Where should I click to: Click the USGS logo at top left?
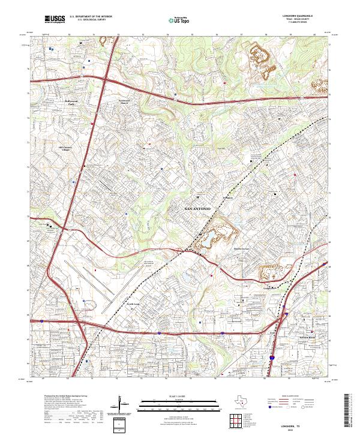click(x=55, y=20)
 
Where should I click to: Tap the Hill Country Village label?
click(x=68, y=148)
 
